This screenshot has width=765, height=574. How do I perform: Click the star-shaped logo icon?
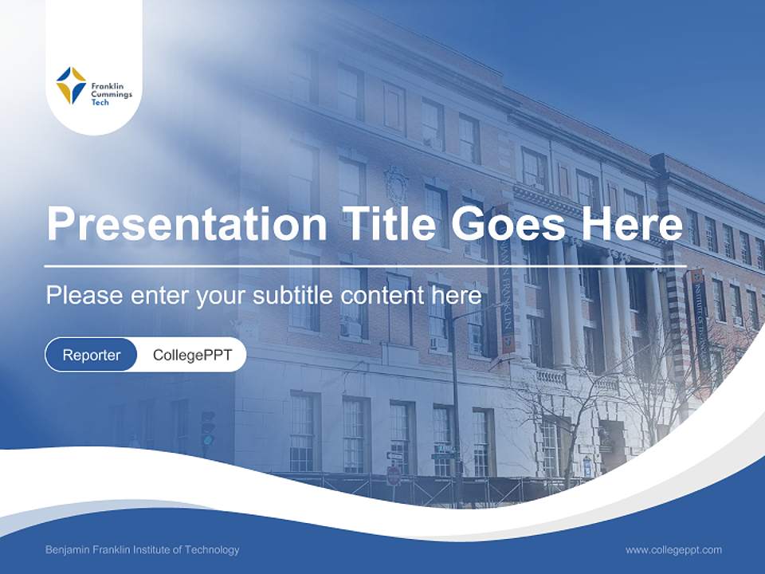(71, 85)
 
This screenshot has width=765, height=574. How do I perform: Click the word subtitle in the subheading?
(294, 296)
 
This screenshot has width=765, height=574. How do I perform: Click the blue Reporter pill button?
(91, 355)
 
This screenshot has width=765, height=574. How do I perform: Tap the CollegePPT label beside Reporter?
(192, 355)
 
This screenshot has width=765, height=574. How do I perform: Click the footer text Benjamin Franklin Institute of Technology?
(142, 550)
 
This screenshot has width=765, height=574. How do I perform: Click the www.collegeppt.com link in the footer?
(673, 550)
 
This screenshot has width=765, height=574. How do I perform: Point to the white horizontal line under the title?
(365, 265)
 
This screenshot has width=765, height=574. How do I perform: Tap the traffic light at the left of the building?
(208, 429)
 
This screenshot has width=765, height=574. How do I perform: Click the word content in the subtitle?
(383, 296)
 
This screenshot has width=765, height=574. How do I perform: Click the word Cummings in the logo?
(112, 94)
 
